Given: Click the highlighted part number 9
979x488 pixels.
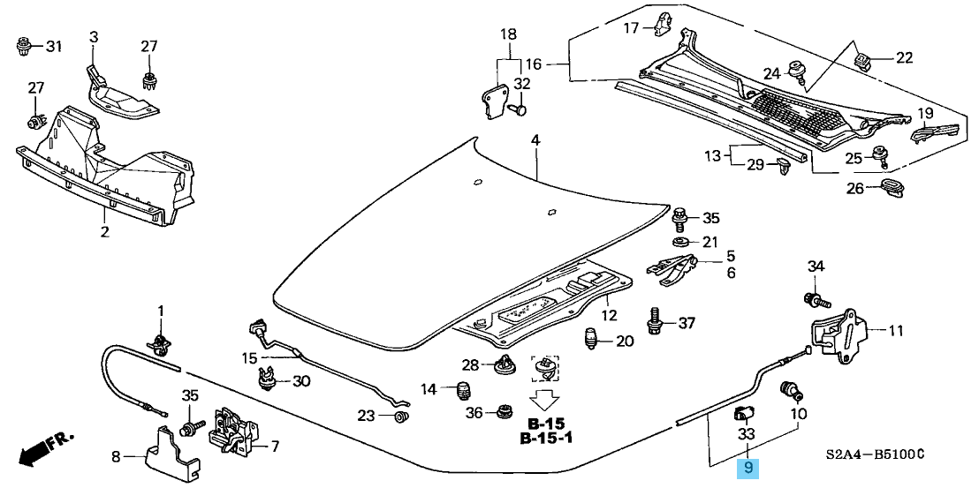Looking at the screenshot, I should (748, 469).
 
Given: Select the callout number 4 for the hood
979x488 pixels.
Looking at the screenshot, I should (535, 140).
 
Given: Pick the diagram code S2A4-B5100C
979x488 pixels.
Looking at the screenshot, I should (876, 454).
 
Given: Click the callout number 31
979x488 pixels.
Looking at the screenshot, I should (54, 46).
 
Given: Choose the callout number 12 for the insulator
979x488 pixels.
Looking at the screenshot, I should (608, 315).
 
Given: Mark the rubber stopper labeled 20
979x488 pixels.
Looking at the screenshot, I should (594, 338).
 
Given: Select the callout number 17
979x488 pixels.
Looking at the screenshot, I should (631, 27).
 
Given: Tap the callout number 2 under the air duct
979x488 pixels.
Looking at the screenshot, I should (104, 232).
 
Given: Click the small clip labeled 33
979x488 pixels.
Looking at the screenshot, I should (743, 410).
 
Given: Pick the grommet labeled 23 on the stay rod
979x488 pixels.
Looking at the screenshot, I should (400, 417).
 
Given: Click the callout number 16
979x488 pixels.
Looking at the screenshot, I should (533, 64).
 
